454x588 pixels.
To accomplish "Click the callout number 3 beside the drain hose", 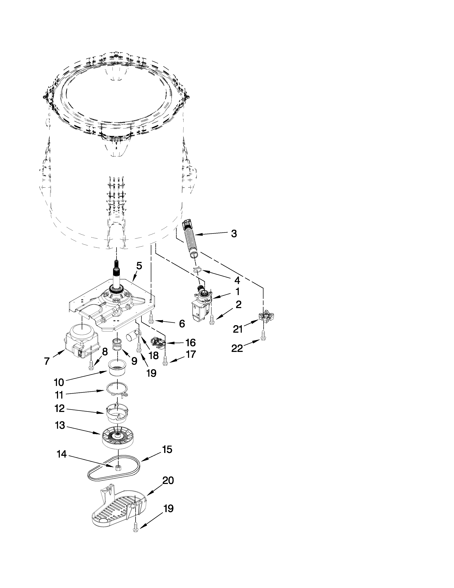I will tap(234, 234).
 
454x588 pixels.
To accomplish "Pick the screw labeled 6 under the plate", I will tap(151, 319).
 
